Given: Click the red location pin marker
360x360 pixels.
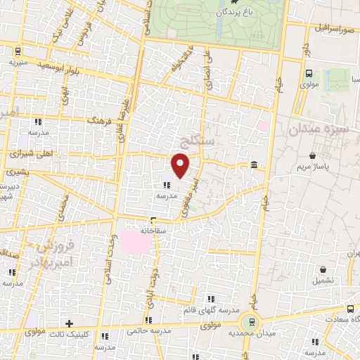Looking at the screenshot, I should coord(181,165).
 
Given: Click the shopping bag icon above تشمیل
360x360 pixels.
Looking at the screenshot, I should coord(322,270).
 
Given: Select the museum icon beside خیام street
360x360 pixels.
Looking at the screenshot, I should coord(253,165).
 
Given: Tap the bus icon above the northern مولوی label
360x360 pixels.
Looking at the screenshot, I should coord(309,73).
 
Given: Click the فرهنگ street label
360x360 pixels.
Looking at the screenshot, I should coord(95,122).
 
